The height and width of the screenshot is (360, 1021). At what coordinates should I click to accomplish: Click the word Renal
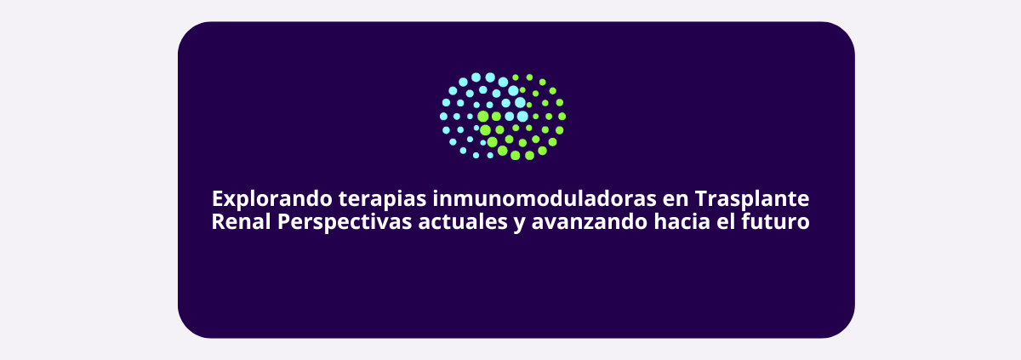pyautogui.click(x=241, y=222)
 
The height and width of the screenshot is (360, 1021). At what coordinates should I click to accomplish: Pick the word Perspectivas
pyautogui.click(x=345, y=223)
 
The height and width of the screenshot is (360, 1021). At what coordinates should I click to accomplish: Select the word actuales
pyautogui.click(x=463, y=222)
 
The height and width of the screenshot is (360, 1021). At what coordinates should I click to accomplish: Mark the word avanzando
pyautogui.click(x=590, y=222)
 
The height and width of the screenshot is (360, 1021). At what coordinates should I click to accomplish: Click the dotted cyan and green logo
pyautogui.click(x=503, y=117)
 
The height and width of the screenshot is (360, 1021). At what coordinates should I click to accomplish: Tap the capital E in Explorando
pyautogui.click(x=218, y=198)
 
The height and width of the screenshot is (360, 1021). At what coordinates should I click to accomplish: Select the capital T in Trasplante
pyautogui.click(x=701, y=198)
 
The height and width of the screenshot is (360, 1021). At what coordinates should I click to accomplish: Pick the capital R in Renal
pyautogui.click(x=219, y=222)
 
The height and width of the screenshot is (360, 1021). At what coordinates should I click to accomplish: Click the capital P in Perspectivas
pyautogui.click(x=284, y=222)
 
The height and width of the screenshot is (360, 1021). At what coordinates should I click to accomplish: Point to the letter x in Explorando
pyautogui.click(x=231, y=201)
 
